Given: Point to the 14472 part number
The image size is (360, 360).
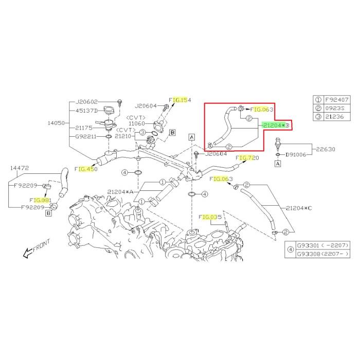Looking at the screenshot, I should coord(17,168).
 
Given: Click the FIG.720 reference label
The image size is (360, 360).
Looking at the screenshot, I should coord(247,158).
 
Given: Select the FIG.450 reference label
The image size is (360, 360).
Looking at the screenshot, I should coord(86,169).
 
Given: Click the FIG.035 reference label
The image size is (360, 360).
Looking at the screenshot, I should coord(209,218).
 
